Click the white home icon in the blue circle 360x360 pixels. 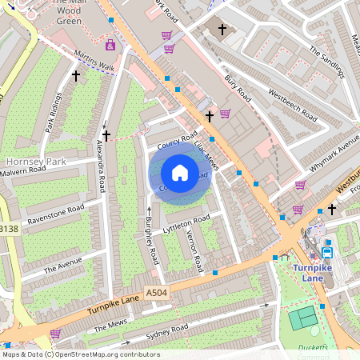180,173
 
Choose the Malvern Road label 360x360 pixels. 23,170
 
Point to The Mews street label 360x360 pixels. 110,326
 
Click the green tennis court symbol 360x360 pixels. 302,318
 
